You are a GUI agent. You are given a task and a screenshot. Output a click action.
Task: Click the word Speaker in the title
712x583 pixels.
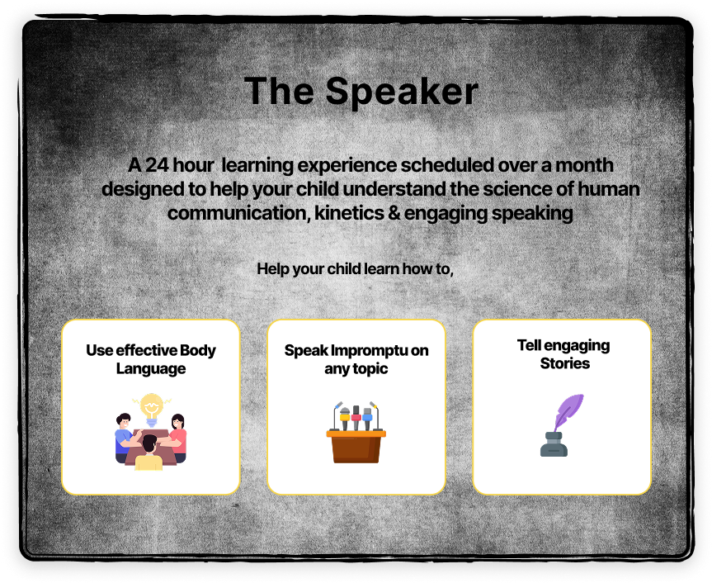click(402, 92)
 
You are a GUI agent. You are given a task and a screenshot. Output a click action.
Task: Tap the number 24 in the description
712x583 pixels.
click(157, 165)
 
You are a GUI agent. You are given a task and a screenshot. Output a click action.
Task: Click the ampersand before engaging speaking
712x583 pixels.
click(394, 213)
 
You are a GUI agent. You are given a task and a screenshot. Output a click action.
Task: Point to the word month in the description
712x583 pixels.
click(584, 165)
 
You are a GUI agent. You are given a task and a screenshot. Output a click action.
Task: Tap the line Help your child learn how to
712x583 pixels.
click(355, 269)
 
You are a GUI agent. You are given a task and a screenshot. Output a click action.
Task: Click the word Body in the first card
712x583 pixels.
click(197, 351)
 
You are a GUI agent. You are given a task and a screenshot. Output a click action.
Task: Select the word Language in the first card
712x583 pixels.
click(151, 368)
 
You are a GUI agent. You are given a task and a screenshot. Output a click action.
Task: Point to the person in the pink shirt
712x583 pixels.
click(177, 437)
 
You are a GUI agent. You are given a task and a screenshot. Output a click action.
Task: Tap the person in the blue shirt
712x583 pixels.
click(125, 437)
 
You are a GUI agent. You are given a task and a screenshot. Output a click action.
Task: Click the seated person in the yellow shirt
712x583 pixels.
click(149, 453)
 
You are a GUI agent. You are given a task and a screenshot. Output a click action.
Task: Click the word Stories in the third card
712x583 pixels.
click(565, 363)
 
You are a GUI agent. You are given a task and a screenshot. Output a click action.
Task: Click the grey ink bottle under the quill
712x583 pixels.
click(554, 444)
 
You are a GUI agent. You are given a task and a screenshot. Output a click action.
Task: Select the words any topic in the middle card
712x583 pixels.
click(356, 368)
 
